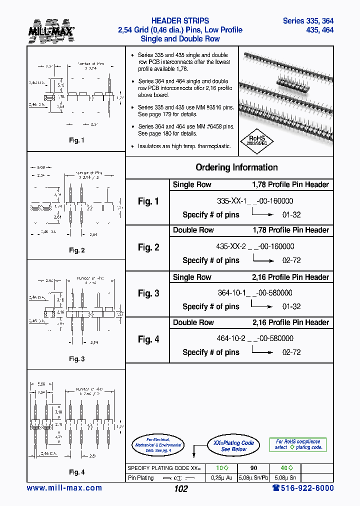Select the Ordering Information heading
tap(236, 167)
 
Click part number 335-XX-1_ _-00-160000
tap(255, 201)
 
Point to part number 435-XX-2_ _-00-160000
tap(255, 246)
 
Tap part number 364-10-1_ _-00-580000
tap(255, 293)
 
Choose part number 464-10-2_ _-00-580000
tap(255, 338)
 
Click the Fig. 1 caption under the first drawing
tap(76, 140)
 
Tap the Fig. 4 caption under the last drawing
tap(76, 472)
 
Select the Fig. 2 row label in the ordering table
tap(148, 247)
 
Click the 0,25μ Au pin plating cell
tap(221, 478)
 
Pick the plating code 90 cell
tap(253, 468)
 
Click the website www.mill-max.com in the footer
tap(64, 488)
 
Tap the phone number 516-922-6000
tap(303, 488)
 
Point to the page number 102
tap(181, 489)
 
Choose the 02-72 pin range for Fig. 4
tap(291, 352)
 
